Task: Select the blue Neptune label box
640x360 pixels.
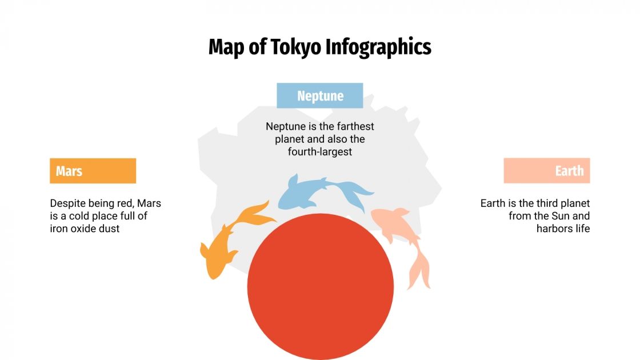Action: pos(320,95)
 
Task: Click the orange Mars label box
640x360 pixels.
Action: pos(93,171)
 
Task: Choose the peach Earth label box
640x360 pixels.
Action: pos(546,171)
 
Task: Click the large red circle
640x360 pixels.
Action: pos(320,286)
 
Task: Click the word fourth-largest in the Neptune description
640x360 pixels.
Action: pos(320,152)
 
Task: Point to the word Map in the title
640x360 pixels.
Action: pos(222,47)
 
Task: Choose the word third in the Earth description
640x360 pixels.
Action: pos(546,203)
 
